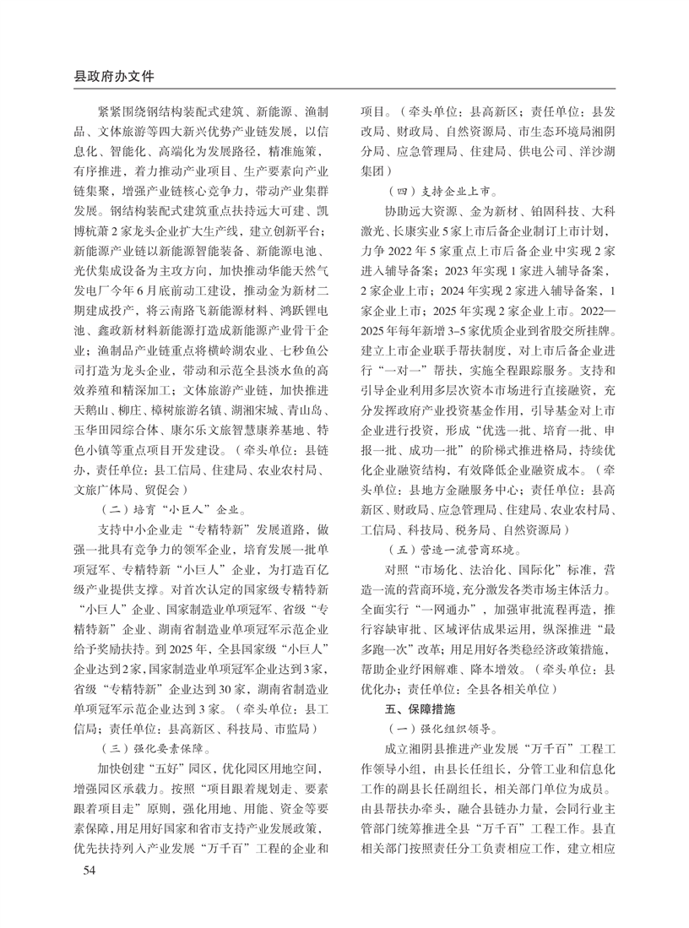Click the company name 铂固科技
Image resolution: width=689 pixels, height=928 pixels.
tap(540, 209)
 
